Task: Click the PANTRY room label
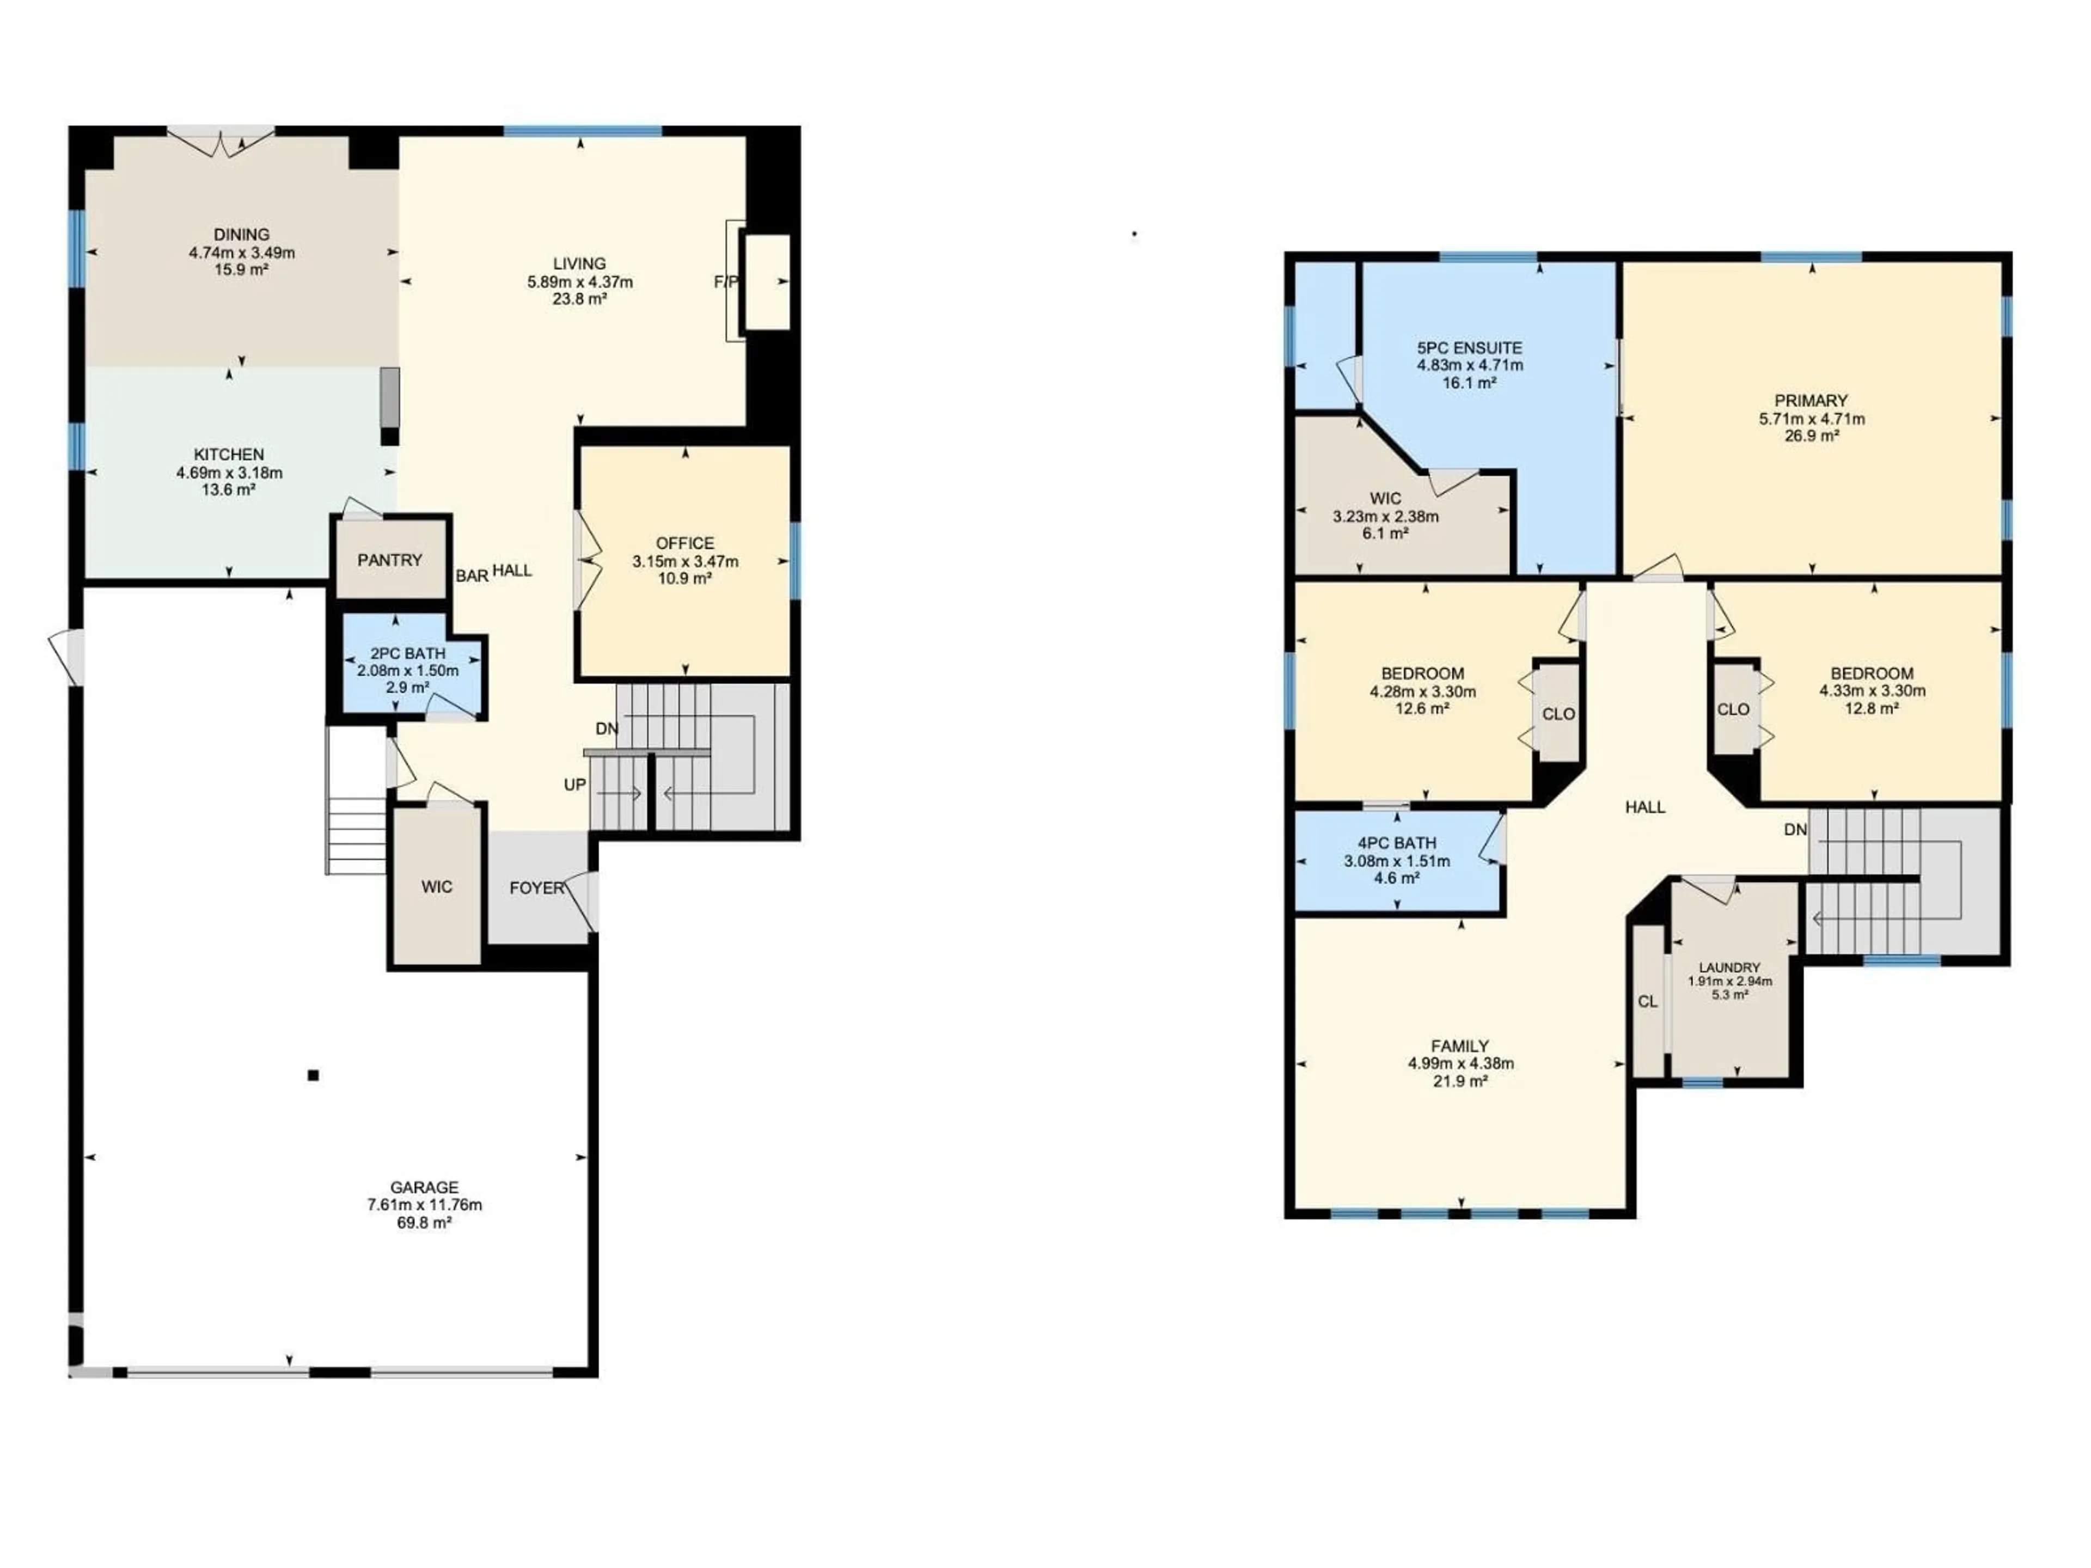click(389, 560)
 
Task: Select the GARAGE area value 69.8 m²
click(424, 1222)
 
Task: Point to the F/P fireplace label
click(725, 281)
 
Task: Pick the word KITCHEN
click(229, 455)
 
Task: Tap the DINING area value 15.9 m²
click(241, 269)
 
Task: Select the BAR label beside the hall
click(472, 575)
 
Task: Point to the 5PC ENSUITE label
click(1469, 348)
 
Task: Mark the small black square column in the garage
click(313, 1075)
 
